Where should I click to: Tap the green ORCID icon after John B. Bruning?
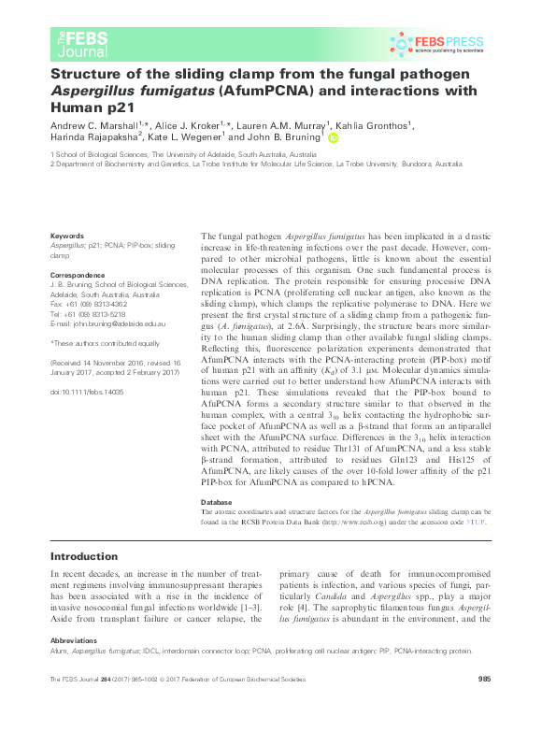[333, 139]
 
